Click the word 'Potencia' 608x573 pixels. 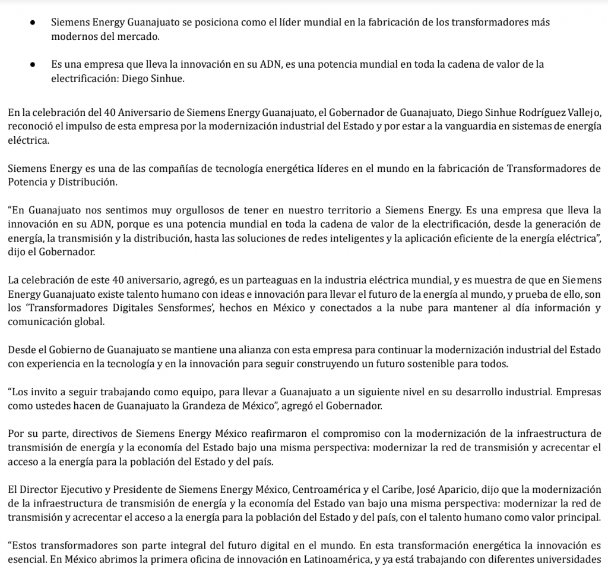pyautogui.click(x=24, y=181)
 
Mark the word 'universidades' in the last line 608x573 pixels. pyautogui.click(x=574, y=559)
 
